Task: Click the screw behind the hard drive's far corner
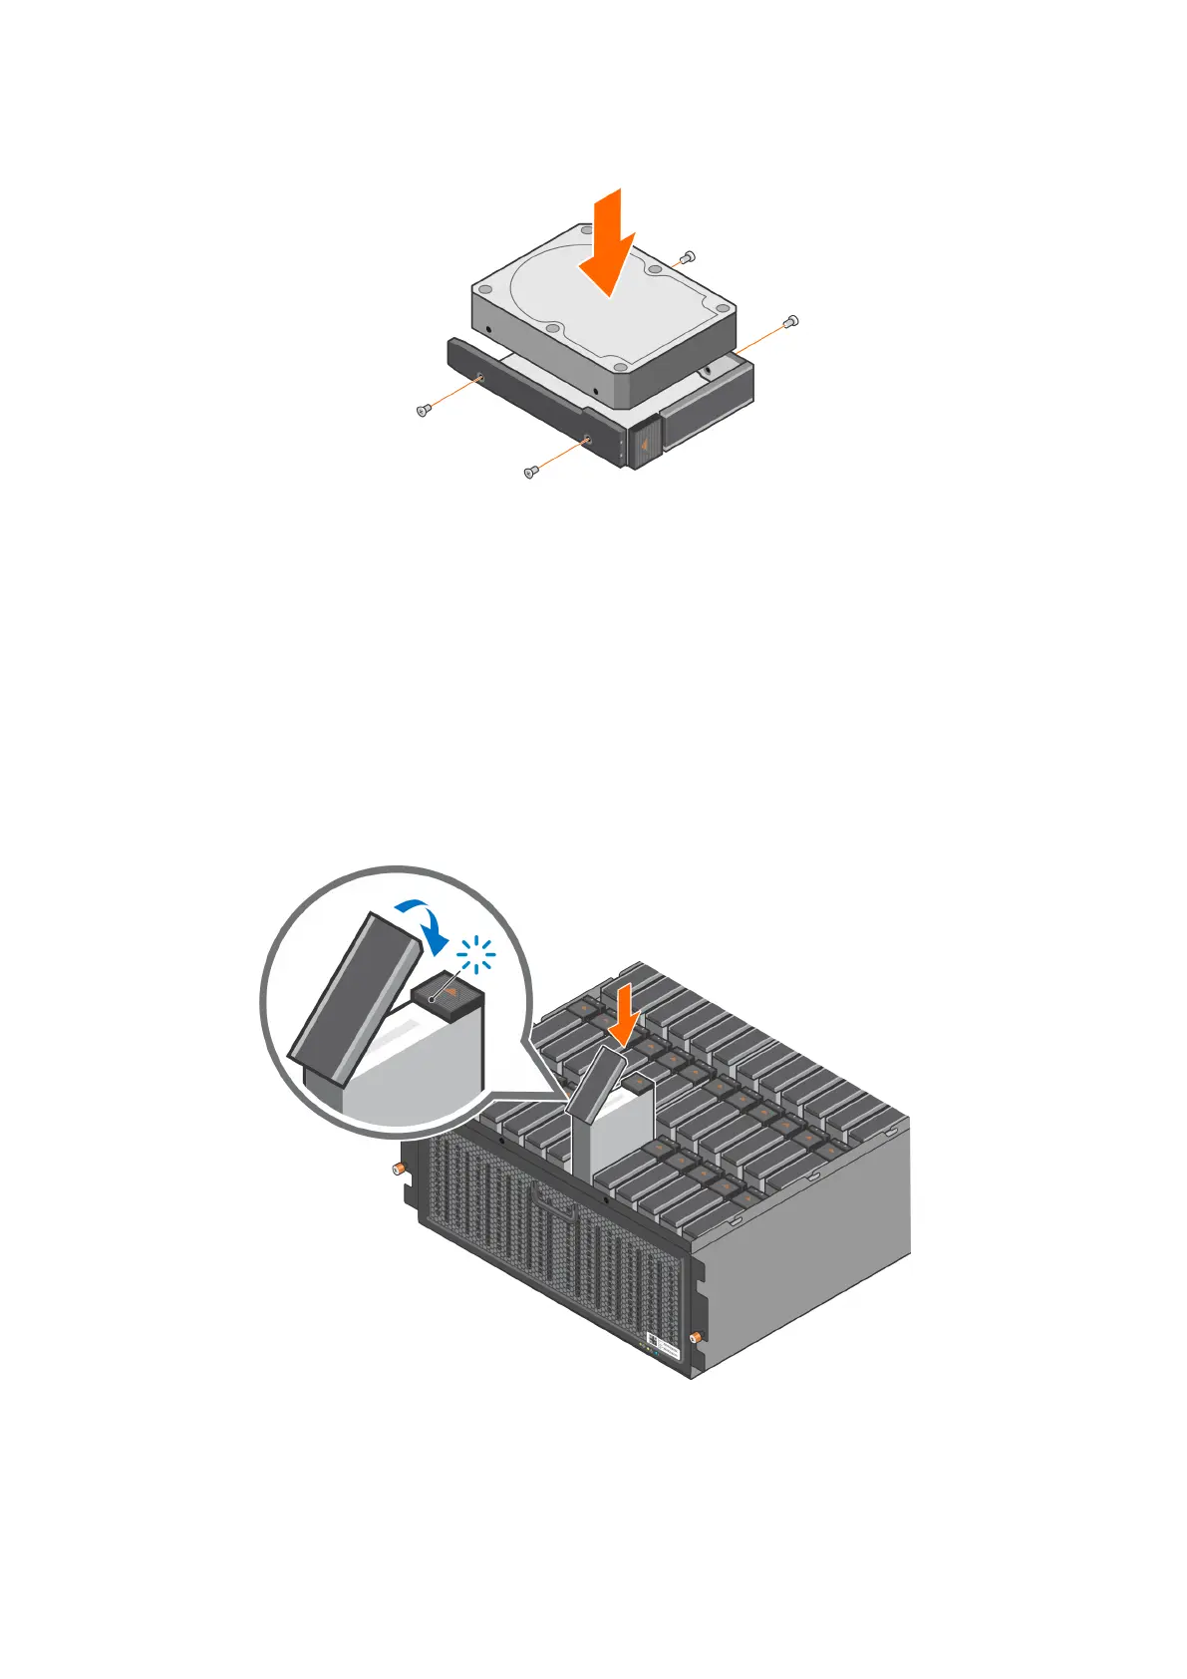(x=685, y=258)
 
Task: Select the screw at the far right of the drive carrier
(x=792, y=321)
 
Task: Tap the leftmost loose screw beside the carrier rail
(x=423, y=410)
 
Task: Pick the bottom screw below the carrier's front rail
(x=530, y=472)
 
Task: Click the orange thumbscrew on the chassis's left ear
(x=397, y=1168)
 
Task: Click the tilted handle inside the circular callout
(x=353, y=997)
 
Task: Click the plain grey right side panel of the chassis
(x=807, y=1256)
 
